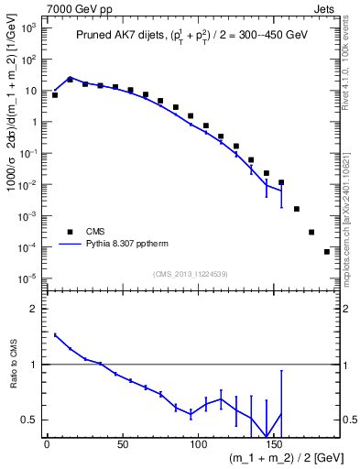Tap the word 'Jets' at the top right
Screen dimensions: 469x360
[327, 7]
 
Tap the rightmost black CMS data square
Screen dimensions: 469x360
[327, 252]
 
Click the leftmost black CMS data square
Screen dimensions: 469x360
[55, 95]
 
